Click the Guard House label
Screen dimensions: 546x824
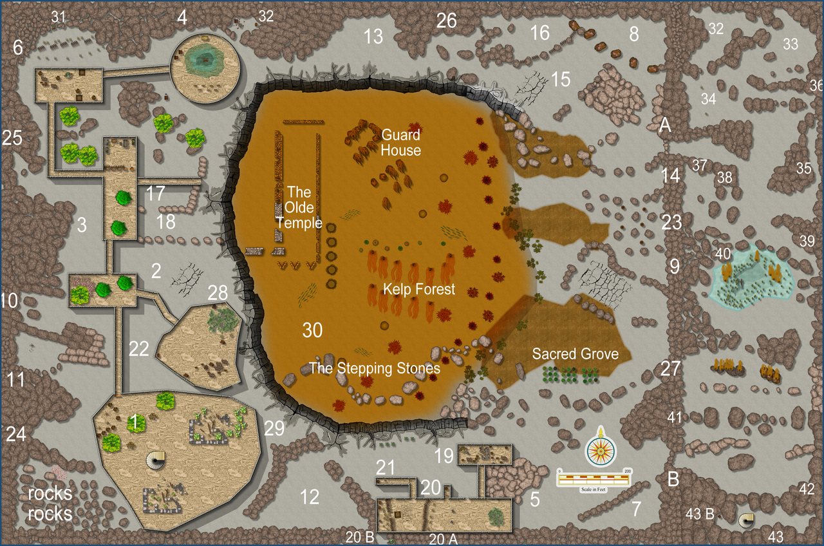coord(400,142)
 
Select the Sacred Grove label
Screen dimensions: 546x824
coord(575,354)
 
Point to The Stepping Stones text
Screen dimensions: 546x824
coord(375,368)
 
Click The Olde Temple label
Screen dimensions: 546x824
coord(299,207)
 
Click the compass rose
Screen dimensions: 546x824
coord(601,446)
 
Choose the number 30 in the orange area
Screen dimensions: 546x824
coord(312,330)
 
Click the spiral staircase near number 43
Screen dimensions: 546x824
coord(747,519)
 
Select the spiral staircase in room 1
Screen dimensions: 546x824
coord(155,460)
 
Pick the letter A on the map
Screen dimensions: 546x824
coord(665,125)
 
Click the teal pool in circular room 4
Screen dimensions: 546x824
coord(204,60)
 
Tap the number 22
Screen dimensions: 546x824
coord(139,349)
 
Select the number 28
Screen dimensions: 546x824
coord(218,294)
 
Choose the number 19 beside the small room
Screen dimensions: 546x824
coord(444,456)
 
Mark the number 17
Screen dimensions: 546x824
coord(155,192)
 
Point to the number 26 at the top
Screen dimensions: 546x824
coord(446,21)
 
